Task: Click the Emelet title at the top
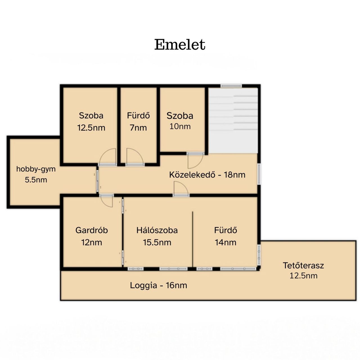(180, 45)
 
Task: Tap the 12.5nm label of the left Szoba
(91, 128)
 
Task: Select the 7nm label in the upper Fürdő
(138, 128)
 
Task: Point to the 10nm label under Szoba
(180, 127)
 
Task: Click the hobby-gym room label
(36, 169)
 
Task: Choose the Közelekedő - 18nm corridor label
(207, 175)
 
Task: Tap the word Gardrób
(91, 230)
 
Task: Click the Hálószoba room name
(157, 230)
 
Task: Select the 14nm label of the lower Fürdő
(226, 242)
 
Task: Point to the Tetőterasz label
(303, 265)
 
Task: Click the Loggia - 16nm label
(158, 285)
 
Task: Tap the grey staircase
(233, 120)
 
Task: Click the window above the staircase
(231, 86)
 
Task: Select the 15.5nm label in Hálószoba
(157, 242)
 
